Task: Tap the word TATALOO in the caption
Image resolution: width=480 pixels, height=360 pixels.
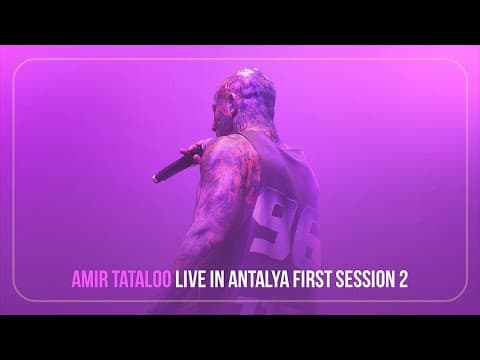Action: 142,279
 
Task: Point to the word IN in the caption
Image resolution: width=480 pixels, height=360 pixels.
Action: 217,279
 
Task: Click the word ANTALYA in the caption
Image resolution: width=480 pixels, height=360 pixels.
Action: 259,279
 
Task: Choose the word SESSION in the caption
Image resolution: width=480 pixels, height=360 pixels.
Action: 365,279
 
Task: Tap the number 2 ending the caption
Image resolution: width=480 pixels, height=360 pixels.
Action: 404,279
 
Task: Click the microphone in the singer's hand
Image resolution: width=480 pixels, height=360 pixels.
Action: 177,166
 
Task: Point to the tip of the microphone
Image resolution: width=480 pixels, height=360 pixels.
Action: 155,179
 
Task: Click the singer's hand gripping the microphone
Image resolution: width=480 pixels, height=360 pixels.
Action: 194,152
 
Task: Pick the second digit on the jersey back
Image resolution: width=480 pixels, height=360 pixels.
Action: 308,233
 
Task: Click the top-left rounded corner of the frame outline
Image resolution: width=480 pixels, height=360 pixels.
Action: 19,65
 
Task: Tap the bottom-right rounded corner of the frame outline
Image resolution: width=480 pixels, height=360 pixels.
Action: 461,295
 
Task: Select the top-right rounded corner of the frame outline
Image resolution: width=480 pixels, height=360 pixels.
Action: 461,65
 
